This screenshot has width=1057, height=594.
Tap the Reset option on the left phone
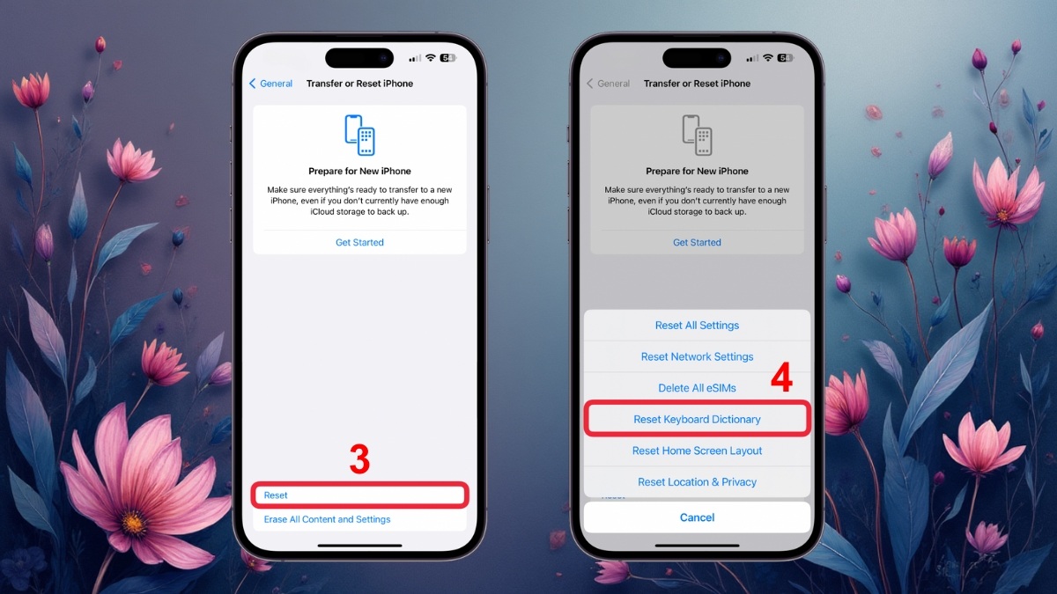click(x=276, y=495)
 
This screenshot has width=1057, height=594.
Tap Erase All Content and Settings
click(x=327, y=519)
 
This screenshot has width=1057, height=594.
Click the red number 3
click(x=359, y=460)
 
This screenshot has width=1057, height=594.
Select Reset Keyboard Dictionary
click(x=697, y=420)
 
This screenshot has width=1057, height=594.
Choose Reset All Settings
click(x=697, y=326)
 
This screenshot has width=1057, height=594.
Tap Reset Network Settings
click(x=697, y=356)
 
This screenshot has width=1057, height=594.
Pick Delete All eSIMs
click(x=697, y=388)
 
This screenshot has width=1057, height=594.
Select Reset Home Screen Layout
click(x=697, y=451)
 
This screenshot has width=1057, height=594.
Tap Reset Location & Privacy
click(x=697, y=482)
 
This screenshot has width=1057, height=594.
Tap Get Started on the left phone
click(x=359, y=242)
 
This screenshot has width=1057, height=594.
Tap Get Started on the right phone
click(x=697, y=242)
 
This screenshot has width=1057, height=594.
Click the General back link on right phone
click(x=609, y=84)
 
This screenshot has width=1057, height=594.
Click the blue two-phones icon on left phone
click(x=359, y=135)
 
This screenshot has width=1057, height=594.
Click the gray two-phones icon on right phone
click(x=697, y=135)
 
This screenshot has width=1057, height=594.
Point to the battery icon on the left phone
click(x=447, y=58)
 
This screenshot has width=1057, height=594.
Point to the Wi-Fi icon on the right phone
click(x=768, y=58)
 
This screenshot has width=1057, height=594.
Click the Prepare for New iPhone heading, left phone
click(x=359, y=171)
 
